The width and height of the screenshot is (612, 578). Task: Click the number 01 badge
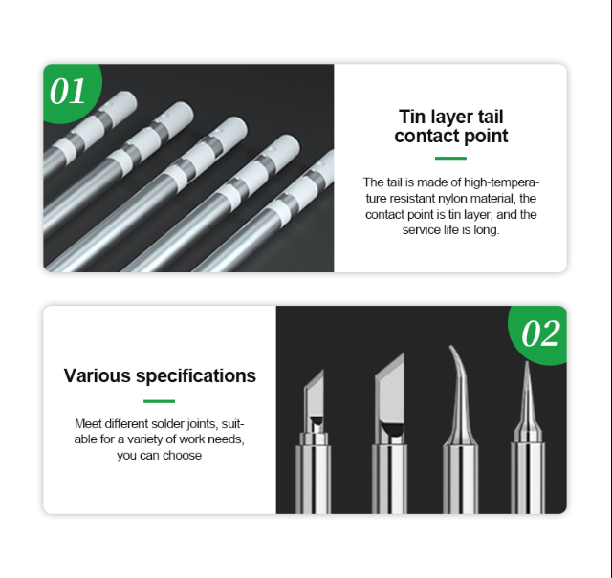68,92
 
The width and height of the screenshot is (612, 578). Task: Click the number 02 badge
540,333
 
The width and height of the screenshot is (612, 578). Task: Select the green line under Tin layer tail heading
450,159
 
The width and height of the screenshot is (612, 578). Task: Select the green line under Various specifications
159,401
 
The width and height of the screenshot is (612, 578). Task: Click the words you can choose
160,456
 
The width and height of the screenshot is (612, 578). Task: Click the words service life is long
450,230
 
